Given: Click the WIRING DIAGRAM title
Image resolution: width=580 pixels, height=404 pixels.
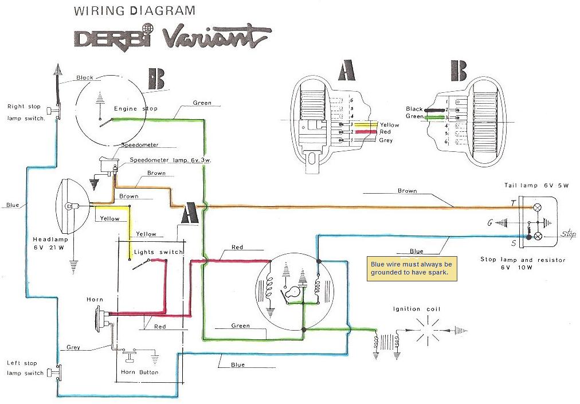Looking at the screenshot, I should point(135,11).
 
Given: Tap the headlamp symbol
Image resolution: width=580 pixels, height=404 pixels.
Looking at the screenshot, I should point(73,205).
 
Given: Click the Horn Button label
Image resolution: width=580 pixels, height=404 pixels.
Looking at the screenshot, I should point(140,372).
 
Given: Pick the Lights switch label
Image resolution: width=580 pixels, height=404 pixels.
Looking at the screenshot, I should point(158,252).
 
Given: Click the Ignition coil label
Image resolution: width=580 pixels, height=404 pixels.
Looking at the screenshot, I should point(417,309).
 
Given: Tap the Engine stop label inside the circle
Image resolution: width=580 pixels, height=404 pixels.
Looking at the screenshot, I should point(136,108).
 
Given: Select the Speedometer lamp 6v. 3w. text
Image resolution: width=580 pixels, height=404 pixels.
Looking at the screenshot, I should point(170,160).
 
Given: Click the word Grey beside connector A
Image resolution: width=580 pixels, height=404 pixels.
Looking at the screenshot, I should point(386,140).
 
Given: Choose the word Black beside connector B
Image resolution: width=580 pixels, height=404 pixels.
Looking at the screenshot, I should point(414,109).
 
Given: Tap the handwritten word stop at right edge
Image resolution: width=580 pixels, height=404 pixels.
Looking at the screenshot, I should point(569,234).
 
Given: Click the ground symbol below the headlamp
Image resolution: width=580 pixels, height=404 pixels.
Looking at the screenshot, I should point(73,265).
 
